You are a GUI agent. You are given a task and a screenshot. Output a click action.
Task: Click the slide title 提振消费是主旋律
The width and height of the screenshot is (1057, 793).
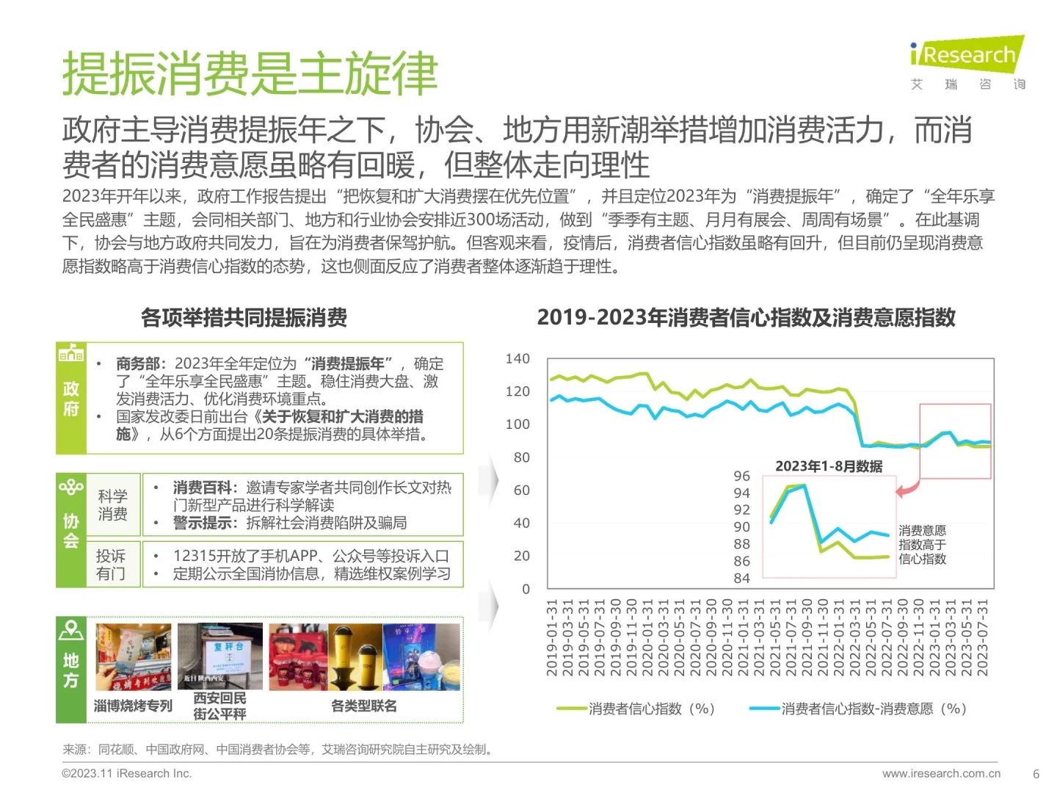coord(250,74)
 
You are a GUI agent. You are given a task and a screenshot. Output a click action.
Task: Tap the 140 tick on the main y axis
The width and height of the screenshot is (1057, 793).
coord(517,358)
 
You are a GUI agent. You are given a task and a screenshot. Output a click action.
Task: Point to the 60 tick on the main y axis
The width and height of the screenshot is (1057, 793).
coord(521,490)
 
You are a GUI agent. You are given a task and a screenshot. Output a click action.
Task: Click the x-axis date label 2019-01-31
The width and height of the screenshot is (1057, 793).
coord(552,637)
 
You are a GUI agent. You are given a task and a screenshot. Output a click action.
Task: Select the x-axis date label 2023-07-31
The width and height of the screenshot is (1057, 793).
coord(983,637)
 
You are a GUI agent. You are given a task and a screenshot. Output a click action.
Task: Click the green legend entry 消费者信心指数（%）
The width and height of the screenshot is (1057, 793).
coord(636,709)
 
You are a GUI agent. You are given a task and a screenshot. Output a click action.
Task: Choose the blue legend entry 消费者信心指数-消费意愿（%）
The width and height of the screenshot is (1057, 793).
coord(858,709)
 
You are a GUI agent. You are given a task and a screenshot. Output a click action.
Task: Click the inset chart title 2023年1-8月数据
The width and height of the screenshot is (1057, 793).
coord(829,466)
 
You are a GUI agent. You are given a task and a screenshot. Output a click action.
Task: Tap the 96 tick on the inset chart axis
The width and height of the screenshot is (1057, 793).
coord(741,476)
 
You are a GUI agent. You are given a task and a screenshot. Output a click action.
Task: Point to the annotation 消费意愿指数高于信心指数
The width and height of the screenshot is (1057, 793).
coord(922,544)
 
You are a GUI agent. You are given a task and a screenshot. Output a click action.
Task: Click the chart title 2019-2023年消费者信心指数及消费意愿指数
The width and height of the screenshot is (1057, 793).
coord(746,317)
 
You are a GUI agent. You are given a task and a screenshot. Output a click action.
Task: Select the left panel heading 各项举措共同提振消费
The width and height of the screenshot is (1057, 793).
coord(244,317)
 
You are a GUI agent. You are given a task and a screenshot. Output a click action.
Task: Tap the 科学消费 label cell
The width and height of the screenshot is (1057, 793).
coord(112,505)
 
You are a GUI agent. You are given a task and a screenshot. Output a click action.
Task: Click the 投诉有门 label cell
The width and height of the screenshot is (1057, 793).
coord(111,565)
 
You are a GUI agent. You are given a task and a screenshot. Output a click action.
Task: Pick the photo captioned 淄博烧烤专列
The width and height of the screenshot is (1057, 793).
coord(134,657)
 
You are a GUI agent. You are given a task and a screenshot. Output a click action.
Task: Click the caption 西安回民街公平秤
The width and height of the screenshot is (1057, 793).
coord(219,706)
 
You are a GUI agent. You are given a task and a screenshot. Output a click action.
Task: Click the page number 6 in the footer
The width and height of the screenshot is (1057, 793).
coord(1036,774)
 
